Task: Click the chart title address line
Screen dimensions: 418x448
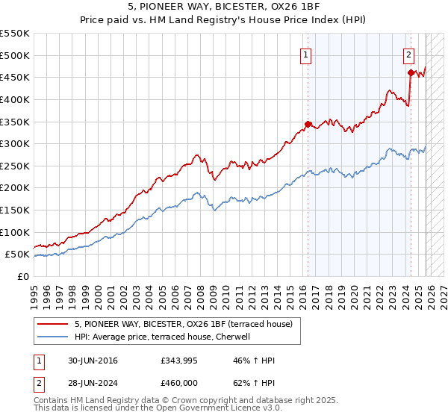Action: [x=224, y=7]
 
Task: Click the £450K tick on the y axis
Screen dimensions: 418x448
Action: [x=15, y=77]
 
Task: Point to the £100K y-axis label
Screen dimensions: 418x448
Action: [x=15, y=232]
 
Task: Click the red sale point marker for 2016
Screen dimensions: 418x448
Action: [x=308, y=124]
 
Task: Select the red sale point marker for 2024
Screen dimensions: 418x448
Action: [x=411, y=72]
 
